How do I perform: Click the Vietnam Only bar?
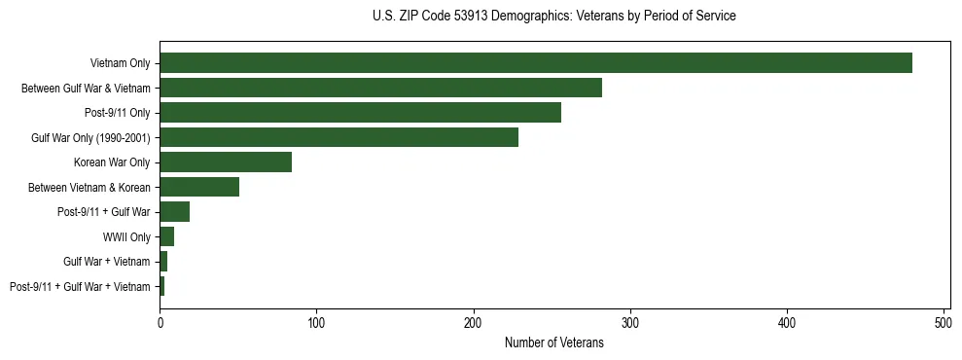[x=536, y=63]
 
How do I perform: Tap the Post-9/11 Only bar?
[x=360, y=113]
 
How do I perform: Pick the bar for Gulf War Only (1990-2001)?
[x=338, y=137]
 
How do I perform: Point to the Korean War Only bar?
[x=226, y=162]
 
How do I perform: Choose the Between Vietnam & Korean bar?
[x=199, y=187]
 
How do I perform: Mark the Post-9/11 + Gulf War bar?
[x=174, y=212]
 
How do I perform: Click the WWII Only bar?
[x=166, y=236]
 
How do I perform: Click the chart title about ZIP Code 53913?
[x=553, y=17]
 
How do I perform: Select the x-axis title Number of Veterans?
[x=553, y=343]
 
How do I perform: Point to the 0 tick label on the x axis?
[x=160, y=321]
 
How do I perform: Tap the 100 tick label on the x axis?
[x=316, y=321]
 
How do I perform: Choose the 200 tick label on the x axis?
[x=474, y=321]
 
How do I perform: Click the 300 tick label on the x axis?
[x=630, y=321]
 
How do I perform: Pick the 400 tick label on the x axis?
[x=787, y=321]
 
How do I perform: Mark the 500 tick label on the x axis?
[x=944, y=321]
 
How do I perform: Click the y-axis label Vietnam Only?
[x=120, y=63]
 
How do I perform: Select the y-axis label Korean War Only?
[x=112, y=162]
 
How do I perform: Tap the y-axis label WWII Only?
[x=126, y=236]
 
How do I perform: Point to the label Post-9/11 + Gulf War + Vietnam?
[x=80, y=287]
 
